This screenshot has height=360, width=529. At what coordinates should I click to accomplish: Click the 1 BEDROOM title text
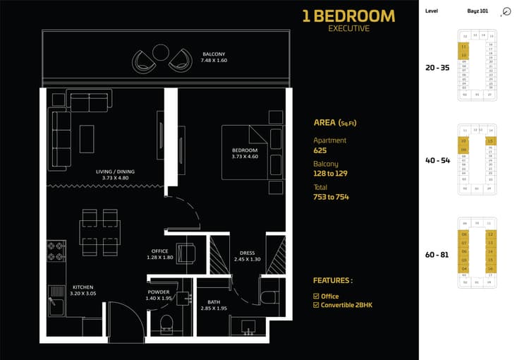tap(348, 16)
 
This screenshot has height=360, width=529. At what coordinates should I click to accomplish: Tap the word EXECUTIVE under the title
tap(348, 29)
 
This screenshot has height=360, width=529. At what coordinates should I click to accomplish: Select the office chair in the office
tap(187, 252)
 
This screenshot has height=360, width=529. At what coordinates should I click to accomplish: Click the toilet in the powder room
tap(167, 323)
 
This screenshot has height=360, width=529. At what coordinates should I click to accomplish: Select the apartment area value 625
tap(320, 150)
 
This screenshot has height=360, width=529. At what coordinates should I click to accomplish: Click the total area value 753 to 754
tap(331, 197)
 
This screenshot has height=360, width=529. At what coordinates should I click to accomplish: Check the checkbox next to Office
tap(315, 296)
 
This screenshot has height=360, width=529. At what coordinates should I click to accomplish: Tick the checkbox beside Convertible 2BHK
tap(315, 306)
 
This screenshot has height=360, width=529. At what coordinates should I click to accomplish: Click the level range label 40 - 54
tap(436, 160)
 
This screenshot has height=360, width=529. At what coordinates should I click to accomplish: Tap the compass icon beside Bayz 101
tap(506, 12)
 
